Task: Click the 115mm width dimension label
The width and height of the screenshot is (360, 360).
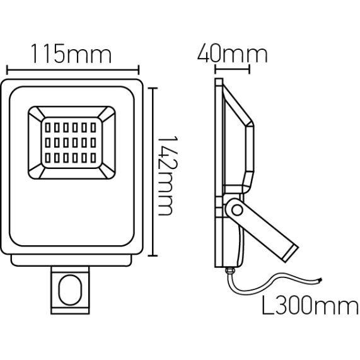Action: (x=71, y=54)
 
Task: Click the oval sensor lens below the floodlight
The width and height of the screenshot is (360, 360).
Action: (x=70, y=290)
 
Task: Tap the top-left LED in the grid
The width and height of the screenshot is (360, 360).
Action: (x=48, y=127)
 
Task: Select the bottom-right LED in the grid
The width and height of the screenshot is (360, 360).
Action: (x=93, y=158)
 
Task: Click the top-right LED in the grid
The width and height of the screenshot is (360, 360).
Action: (x=93, y=127)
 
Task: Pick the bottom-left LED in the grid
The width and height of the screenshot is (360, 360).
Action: (x=48, y=158)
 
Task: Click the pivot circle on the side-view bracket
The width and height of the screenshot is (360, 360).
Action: (x=237, y=210)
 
